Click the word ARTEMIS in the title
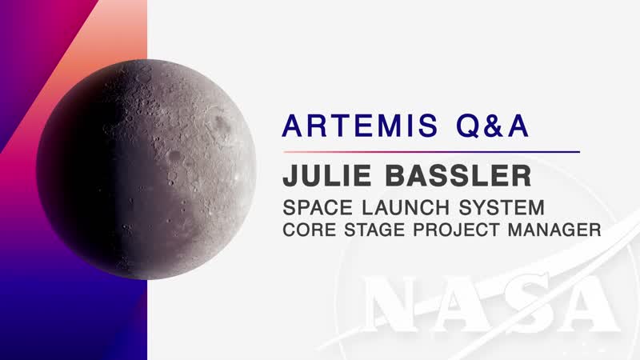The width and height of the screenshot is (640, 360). [x=354, y=126]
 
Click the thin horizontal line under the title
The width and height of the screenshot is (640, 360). [x=432, y=151]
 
